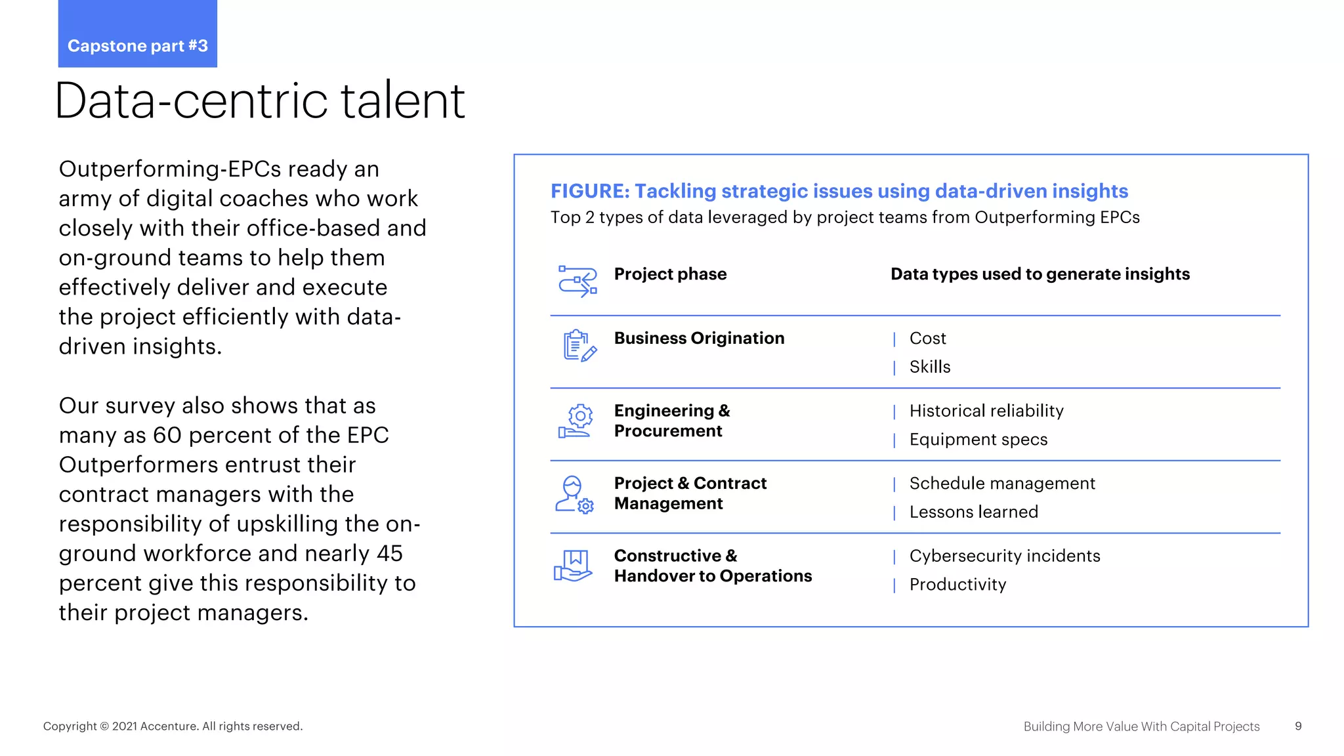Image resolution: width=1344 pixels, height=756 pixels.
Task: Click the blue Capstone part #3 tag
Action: point(137,35)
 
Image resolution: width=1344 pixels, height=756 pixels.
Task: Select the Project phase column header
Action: point(670,274)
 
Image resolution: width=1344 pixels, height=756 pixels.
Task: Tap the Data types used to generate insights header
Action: point(1039,274)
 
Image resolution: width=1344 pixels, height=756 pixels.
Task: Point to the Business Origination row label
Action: point(699,338)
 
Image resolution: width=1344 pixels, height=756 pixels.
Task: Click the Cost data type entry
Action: point(927,338)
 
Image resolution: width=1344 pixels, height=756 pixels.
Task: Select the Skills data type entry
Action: point(929,367)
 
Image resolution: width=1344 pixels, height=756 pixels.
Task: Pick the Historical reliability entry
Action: point(986,411)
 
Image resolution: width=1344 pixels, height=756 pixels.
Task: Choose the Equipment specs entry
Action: point(978,440)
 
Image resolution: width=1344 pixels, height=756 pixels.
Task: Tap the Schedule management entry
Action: point(1001,484)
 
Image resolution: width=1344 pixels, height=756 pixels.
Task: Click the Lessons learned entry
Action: point(973,512)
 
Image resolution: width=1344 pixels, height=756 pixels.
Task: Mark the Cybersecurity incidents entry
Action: point(1004,556)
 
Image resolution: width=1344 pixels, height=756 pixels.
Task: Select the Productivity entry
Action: point(957,585)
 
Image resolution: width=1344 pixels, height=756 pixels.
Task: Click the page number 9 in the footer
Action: point(1298,726)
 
